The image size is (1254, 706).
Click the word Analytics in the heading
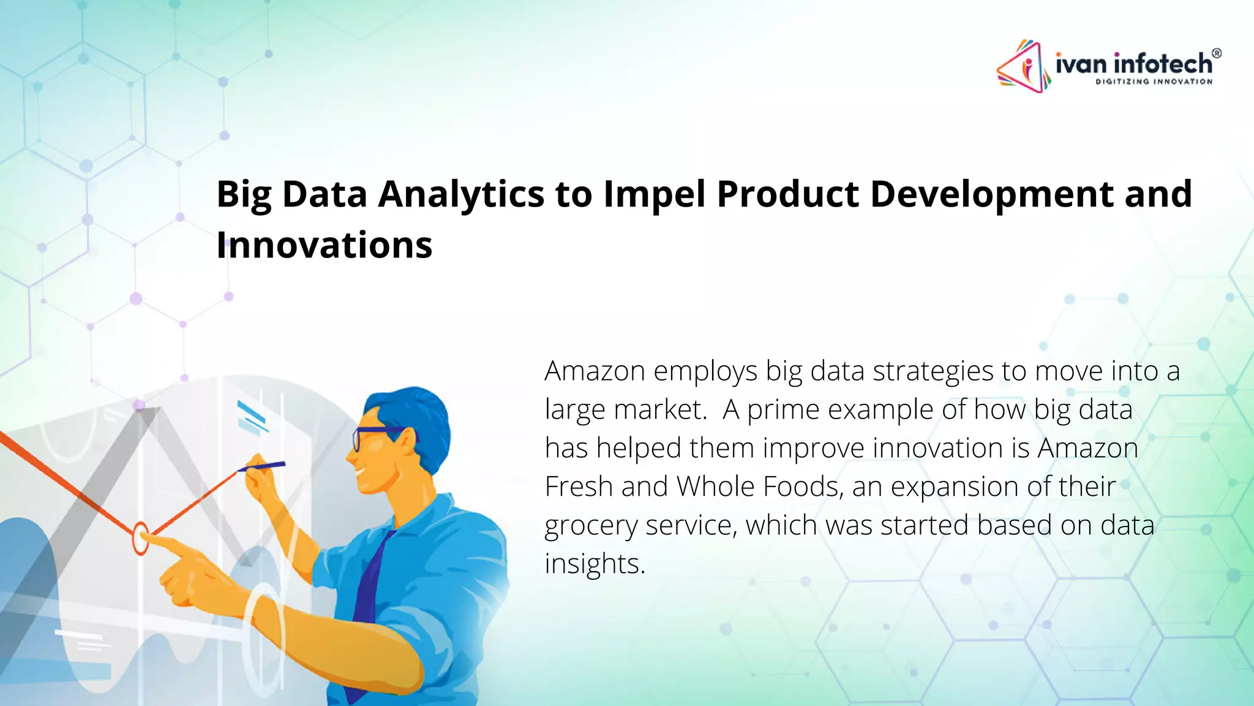[461, 195]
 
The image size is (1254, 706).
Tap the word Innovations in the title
[325, 245]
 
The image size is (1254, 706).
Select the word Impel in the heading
[655, 195]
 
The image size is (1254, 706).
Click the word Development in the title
[992, 195]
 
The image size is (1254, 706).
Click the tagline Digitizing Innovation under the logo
[1154, 82]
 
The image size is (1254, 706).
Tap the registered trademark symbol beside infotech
[1216, 53]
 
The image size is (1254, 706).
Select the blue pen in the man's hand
[263, 467]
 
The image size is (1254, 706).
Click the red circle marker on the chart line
[140, 538]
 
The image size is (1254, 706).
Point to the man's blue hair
[410, 411]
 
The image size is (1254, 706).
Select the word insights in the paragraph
[595, 564]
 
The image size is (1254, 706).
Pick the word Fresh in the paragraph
[579, 487]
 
